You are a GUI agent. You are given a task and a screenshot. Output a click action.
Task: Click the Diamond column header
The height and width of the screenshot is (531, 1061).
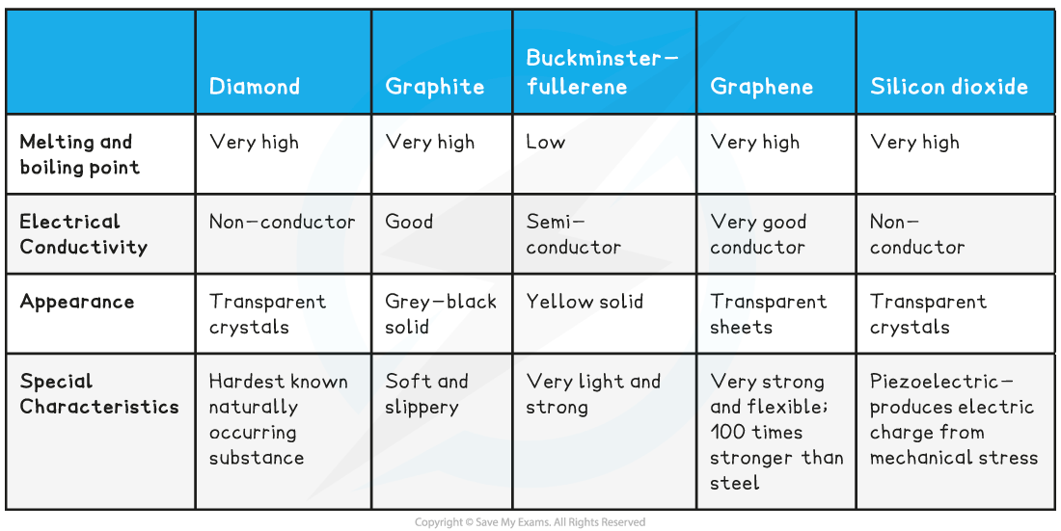pyautogui.click(x=255, y=87)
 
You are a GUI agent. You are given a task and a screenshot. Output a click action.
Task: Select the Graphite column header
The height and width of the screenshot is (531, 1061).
pyautogui.click(x=434, y=87)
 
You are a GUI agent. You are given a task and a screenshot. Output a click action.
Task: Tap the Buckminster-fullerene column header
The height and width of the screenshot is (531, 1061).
pyautogui.click(x=602, y=72)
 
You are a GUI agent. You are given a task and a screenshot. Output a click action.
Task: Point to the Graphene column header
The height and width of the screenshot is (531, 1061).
pyautogui.click(x=761, y=87)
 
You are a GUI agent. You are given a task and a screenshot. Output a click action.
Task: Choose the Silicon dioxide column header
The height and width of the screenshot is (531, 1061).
pyautogui.click(x=949, y=87)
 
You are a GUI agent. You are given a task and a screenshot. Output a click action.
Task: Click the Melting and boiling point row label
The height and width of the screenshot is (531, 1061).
pyautogui.click(x=79, y=155)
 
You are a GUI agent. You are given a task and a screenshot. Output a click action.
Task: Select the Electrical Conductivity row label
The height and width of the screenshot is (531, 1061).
pyautogui.click(x=83, y=234)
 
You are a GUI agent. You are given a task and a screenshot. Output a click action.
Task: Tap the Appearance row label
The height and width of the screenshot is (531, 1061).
pyautogui.click(x=76, y=303)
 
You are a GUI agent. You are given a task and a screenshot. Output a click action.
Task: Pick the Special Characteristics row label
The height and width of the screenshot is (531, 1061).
pyautogui.click(x=98, y=394)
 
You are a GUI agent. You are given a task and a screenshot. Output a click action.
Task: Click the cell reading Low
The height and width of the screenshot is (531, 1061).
pyautogui.click(x=545, y=142)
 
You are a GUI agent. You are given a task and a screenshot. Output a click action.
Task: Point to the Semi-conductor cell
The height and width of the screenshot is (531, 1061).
pyautogui.click(x=573, y=234)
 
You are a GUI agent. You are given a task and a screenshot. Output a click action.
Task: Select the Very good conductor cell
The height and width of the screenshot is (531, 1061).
pyautogui.click(x=758, y=234)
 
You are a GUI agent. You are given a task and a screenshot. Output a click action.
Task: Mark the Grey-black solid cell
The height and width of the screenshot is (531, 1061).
pyautogui.click(x=441, y=314)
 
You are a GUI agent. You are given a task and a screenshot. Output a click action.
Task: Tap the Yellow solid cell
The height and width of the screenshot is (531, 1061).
pyautogui.click(x=585, y=302)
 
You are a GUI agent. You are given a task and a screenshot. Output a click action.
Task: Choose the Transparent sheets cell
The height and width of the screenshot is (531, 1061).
pyautogui.click(x=768, y=314)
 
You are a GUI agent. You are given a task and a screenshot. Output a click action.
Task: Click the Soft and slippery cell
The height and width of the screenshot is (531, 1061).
pyautogui.click(x=426, y=394)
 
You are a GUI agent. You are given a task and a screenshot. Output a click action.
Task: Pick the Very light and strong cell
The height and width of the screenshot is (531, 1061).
pyautogui.click(x=593, y=394)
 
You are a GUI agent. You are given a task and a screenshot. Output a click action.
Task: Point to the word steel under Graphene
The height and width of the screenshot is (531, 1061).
pyautogui.click(x=734, y=483)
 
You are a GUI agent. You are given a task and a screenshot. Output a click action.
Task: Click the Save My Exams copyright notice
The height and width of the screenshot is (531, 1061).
pyautogui.click(x=530, y=522)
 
